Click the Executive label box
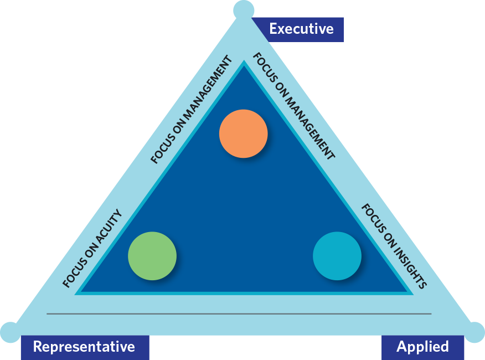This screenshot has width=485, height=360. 301,29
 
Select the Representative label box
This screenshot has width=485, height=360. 84,347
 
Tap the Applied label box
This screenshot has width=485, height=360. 422,347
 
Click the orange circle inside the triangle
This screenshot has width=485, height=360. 243,133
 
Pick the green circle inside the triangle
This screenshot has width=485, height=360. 152,256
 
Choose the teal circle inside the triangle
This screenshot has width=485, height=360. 337,256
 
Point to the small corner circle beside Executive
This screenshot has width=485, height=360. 244,10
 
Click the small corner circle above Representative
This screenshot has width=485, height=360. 9,332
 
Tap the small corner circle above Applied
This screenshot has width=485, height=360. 474,332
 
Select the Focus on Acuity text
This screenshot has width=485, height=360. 92,249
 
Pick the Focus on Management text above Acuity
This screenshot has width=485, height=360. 190,109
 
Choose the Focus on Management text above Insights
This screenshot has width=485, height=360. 293,106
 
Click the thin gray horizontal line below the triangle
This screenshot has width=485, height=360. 238,314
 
